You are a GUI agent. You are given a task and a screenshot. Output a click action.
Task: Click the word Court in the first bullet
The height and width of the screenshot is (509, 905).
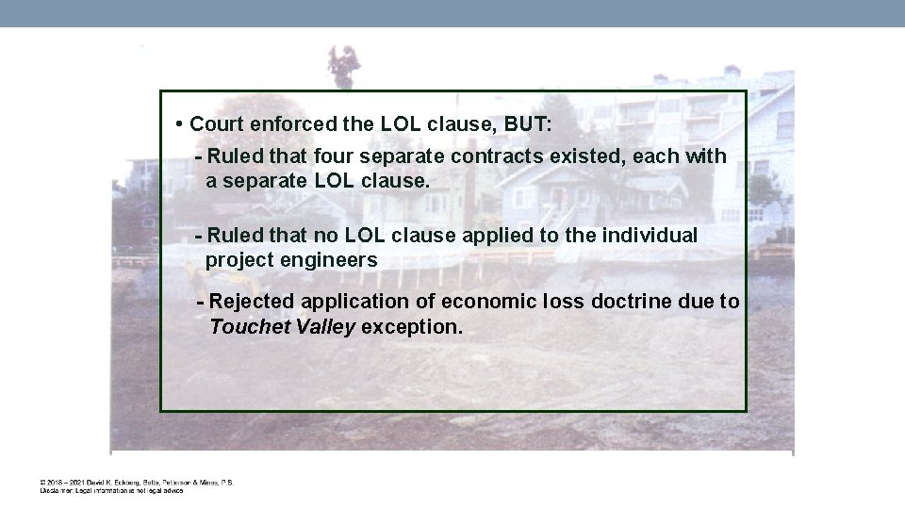(217, 124)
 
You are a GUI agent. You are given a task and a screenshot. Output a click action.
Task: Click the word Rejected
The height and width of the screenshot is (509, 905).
(251, 302)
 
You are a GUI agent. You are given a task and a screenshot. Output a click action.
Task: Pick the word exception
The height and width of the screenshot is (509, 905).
(411, 327)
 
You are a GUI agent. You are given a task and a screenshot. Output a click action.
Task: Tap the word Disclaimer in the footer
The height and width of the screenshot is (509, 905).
(55, 490)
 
